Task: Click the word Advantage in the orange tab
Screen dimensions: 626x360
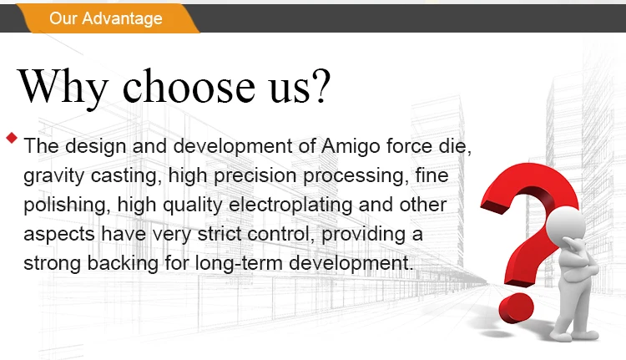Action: coord(122,18)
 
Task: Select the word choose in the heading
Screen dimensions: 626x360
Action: coord(189,85)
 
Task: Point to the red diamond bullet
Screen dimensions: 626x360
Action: coord(12,138)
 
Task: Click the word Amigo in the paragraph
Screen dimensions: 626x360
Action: coord(351,147)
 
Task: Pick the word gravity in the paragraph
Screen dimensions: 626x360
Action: coord(54,176)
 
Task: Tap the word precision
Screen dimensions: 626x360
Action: coord(255,176)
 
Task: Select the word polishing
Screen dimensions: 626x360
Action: coord(67,205)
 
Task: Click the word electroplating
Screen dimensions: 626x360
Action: coord(290,205)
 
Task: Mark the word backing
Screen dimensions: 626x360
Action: coord(123,264)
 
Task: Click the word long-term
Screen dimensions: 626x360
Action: coord(239,264)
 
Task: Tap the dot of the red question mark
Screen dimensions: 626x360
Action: coord(516,308)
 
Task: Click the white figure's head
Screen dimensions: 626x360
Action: coord(566,225)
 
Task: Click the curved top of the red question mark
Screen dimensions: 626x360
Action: coord(531,175)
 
